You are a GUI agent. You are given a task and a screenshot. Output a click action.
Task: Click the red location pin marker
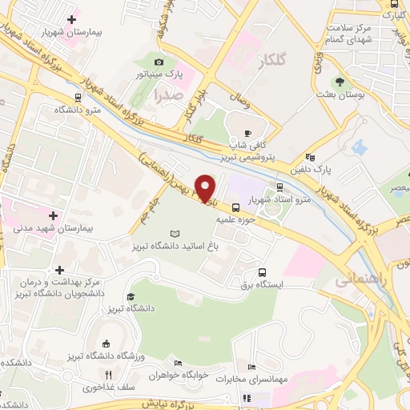[x=206, y=188]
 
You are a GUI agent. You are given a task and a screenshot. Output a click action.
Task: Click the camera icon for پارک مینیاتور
[x=159, y=62]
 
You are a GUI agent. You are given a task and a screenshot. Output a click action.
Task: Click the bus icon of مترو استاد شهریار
[x=279, y=188]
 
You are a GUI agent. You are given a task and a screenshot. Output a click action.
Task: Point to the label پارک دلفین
[x=332, y=170]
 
